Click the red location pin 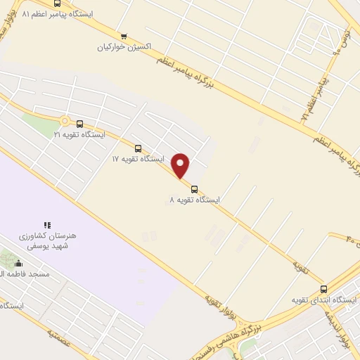coord(181,166)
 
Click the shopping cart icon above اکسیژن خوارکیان coord(124,37)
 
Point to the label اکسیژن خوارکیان coord(125,47)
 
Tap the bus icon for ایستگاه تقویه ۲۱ coord(79,123)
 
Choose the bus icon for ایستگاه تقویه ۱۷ coord(138,148)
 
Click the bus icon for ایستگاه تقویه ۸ coord(194,188)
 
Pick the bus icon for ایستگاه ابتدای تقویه coord(323,289)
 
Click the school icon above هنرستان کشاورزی coord(47,225)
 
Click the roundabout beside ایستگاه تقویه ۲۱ coord(65,121)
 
